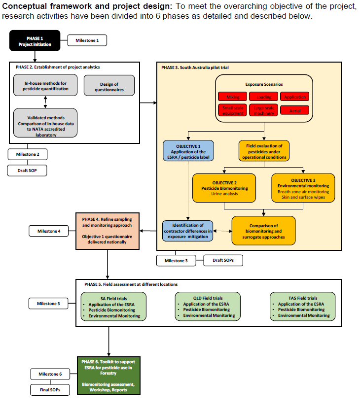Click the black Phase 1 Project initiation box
pos(35,41)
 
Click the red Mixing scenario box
pos(232,97)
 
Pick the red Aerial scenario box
pos(295,110)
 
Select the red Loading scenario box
pos(263,97)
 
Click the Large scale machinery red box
pos(263,110)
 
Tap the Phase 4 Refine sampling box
pos(107,230)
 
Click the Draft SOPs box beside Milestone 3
pos(222,260)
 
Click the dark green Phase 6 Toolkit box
pos(108,375)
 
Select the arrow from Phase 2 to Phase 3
pos(147,103)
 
